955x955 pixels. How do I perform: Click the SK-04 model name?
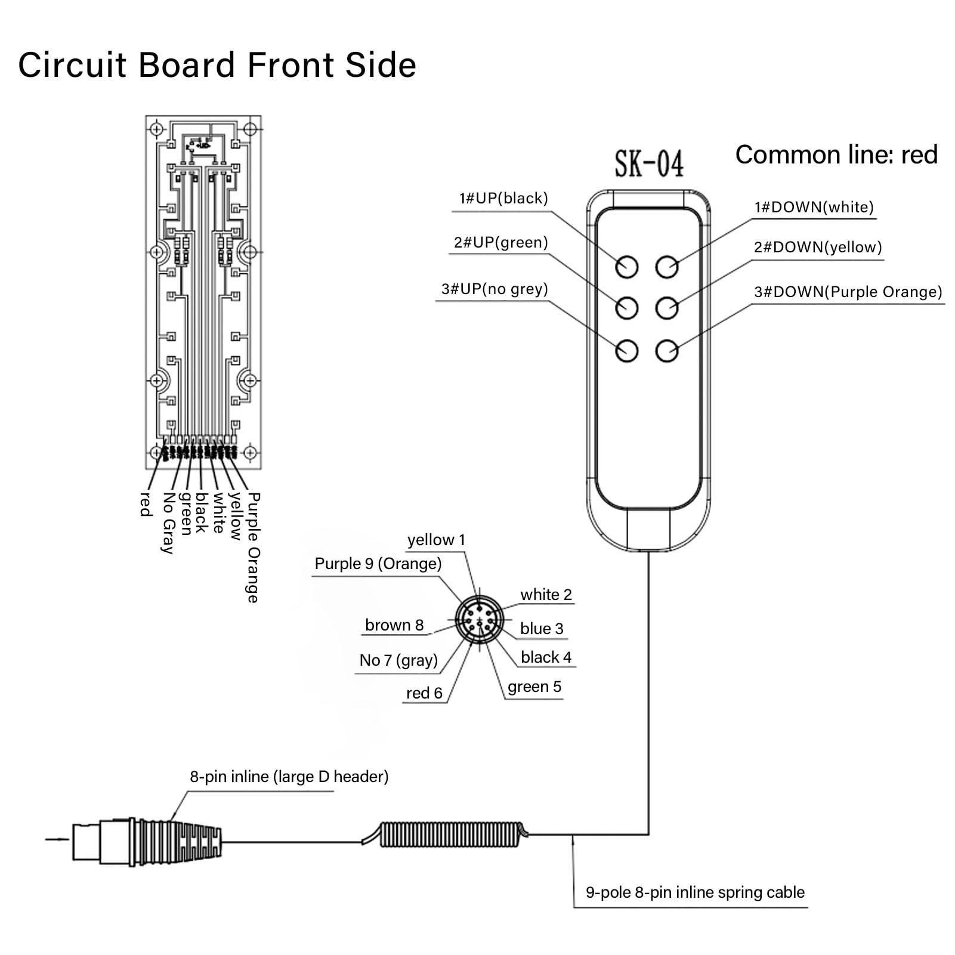[x=649, y=164]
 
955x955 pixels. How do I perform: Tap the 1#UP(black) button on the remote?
[x=627, y=267]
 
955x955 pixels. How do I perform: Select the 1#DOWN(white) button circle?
[x=667, y=267]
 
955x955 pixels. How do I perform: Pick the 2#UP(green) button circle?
[x=627, y=308]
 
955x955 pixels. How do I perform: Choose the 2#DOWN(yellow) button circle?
[x=667, y=308]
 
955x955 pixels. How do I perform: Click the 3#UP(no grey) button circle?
[x=627, y=350]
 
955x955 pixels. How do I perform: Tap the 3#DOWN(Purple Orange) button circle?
[x=667, y=351]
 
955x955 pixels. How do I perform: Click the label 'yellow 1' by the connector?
[x=436, y=540]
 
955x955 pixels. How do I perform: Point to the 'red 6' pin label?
[x=424, y=693]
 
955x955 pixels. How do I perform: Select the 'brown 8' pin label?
[x=394, y=625]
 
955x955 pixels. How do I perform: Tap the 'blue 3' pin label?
[x=542, y=629]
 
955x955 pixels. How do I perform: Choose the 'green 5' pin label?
[x=534, y=687]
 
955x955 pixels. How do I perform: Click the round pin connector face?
[x=478, y=621]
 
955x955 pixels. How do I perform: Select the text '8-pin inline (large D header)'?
[x=289, y=777]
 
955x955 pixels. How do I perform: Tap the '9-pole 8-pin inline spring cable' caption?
[x=695, y=892]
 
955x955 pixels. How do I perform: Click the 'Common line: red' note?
[x=836, y=155]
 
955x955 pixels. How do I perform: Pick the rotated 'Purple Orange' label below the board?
[x=254, y=547]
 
